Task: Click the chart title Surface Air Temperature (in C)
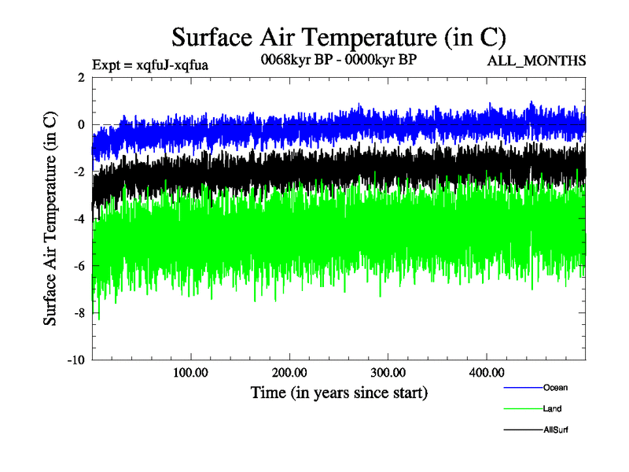(x=338, y=36)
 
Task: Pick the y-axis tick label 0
(x=82, y=124)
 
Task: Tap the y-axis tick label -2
(x=79, y=171)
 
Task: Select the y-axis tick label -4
(x=79, y=219)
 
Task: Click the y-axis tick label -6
(x=79, y=266)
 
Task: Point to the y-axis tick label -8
(x=79, y=313)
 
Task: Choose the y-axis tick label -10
(x=76, y=360)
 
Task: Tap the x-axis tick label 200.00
(x=289, y=372)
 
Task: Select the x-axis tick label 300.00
(x=388, y=372)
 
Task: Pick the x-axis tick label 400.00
(x=486, y=372)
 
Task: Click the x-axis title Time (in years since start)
(x=339, y=392)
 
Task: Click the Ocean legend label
(x=555, y=387)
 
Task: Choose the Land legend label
(x=552, y=408)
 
